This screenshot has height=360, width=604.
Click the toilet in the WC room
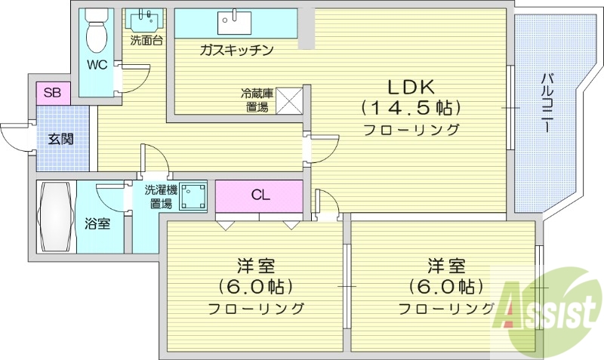tap(97, 29)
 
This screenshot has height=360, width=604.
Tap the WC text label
tap(97, 65)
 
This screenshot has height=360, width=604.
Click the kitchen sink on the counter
tap(236, 23)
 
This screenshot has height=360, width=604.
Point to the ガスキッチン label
tap(236, 51)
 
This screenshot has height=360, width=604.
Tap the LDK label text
tap(411, 85)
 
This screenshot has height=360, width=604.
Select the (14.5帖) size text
tap(411, 106)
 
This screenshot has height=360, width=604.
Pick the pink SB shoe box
tap(52, 93)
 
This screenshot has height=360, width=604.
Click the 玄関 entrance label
tap(60, 139)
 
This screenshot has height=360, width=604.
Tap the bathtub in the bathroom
tap(57, 218)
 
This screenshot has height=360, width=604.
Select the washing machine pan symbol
tap(195, 195)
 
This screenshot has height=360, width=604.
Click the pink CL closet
tap(260, 195)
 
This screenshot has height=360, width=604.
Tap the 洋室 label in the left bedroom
tap(255, 266)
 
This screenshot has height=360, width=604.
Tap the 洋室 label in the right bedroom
tap(446, 266)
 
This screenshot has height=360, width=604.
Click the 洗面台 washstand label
tap(146, 41)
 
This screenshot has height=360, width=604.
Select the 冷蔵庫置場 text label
tap(256, 100)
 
